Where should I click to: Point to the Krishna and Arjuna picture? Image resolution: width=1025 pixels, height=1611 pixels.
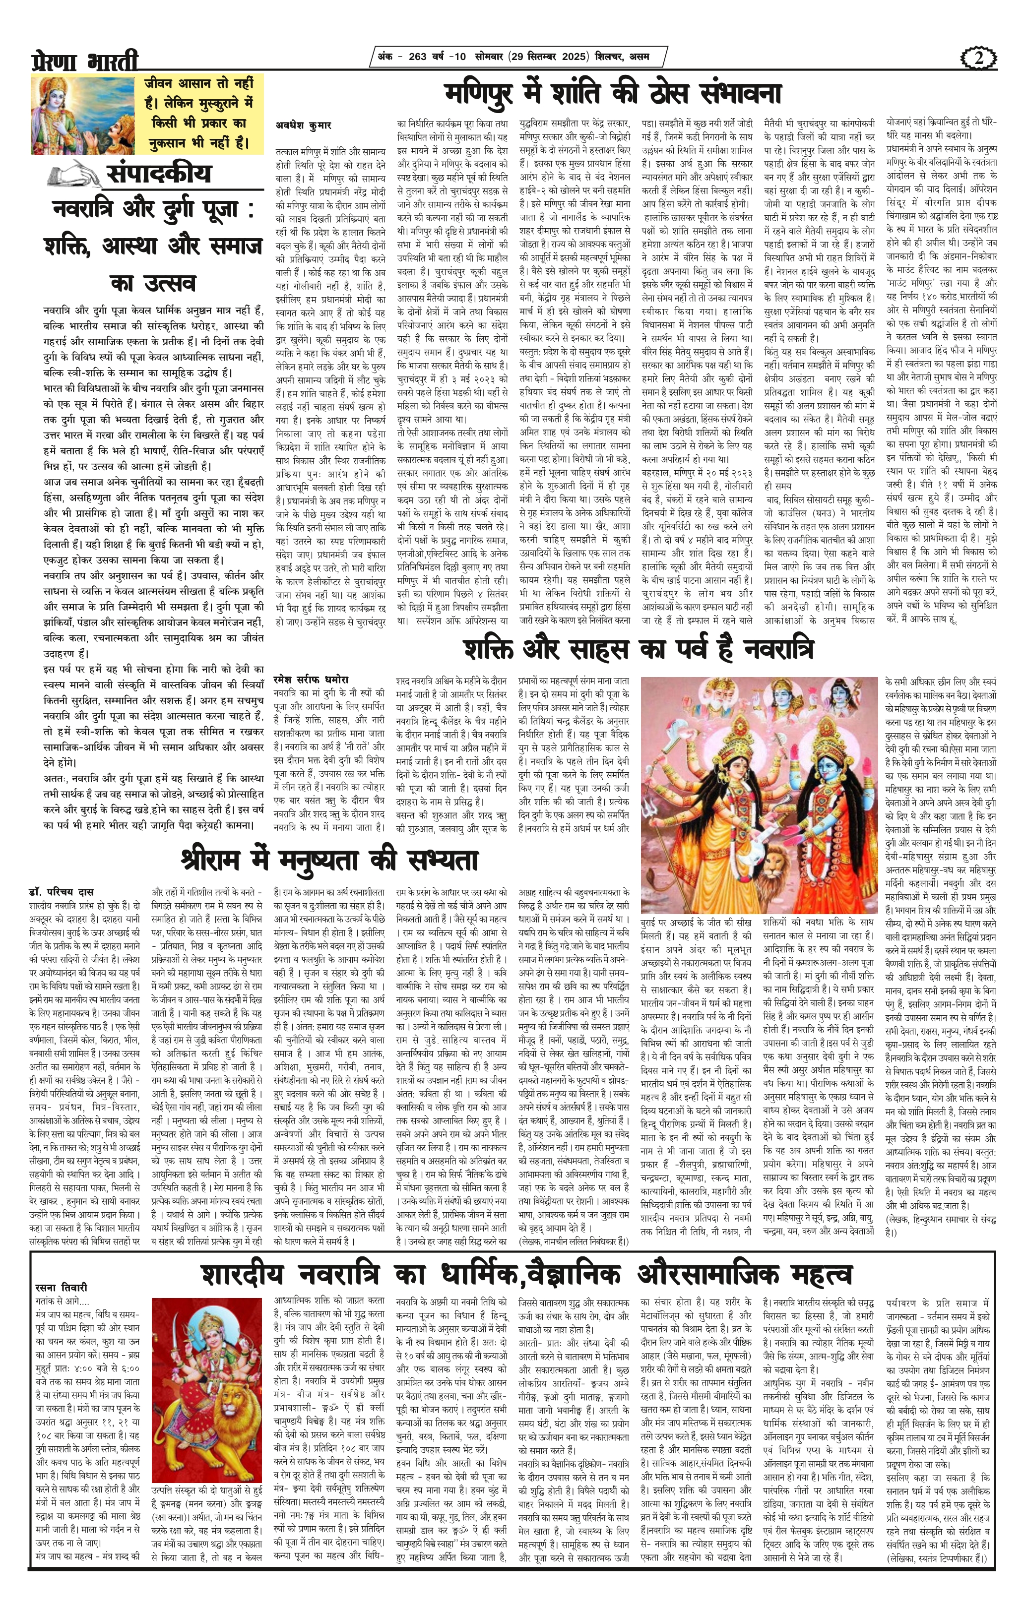84,114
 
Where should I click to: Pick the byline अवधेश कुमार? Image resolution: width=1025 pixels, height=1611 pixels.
303,124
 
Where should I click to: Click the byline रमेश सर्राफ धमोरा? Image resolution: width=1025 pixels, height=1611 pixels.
311,680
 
